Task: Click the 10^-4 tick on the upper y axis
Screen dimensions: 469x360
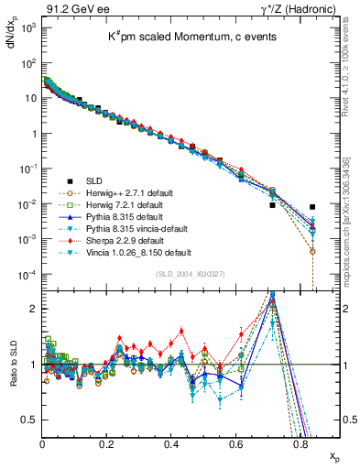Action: point(26,274)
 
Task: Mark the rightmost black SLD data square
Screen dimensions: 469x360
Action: point(313,207)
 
